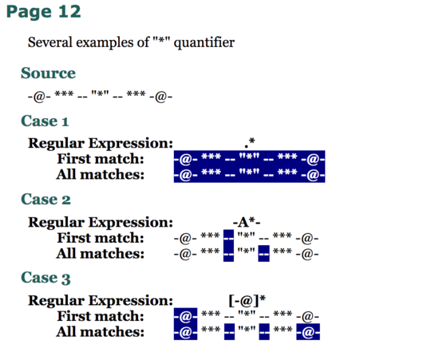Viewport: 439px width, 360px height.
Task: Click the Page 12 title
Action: (43, 12)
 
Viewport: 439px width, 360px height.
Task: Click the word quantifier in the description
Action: (204, 42)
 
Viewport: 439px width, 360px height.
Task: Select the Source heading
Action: (48, 73)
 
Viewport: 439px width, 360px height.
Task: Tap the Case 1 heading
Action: (45, 121)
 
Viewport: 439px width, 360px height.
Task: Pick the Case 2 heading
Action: (46, 200)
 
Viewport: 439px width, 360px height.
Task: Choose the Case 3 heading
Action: (46, 278)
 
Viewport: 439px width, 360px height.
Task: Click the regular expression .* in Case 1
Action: (250, 143)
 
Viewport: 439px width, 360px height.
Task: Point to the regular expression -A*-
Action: (247, 222)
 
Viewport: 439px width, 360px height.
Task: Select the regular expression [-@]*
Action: (247, 301)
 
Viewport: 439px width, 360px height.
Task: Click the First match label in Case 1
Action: (101, 159)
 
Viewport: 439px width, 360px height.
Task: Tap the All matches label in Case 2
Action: (101, 254)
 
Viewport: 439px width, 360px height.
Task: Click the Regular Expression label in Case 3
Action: (101, 300)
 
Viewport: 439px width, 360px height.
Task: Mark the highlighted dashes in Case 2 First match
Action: (229, 238)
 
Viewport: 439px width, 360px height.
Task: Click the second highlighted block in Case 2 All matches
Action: (263, 253)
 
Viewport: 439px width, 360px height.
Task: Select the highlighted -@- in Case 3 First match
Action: (185, 316)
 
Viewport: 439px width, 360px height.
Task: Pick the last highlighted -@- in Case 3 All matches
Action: (308, 332)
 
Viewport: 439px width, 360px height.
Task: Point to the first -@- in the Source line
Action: (39, 97)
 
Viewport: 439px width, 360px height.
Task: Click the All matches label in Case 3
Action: (101, 332)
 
